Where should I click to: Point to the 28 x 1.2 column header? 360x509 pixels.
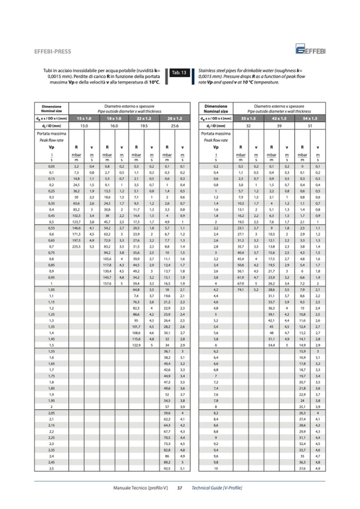(x=174, y=117)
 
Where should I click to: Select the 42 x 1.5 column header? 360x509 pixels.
(x=279, y=117)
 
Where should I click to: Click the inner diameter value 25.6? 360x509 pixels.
(x=174, y=125)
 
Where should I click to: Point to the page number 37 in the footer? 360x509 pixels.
(x=179, y=487)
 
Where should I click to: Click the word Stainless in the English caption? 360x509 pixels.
(x=208, y=70)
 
